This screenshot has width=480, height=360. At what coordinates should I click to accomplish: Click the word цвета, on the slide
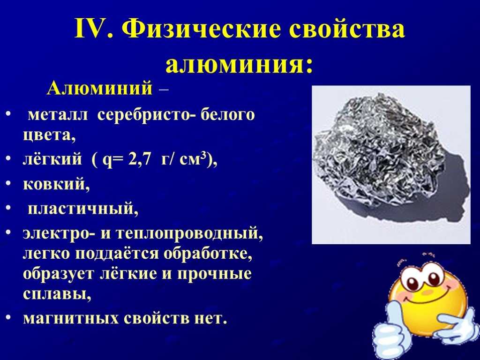click(49, 135)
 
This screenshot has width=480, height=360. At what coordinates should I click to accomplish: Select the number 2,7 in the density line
click(140, 159)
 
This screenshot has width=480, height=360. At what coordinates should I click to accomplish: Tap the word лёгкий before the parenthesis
click(52, 159)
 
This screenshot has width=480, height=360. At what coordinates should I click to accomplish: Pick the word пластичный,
click(83, 209)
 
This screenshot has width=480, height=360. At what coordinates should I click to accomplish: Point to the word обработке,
click(208, 254)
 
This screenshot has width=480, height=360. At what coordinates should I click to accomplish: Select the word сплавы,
click(57, 294)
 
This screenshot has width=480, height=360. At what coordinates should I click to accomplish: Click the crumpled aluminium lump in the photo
click(379, 150)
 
